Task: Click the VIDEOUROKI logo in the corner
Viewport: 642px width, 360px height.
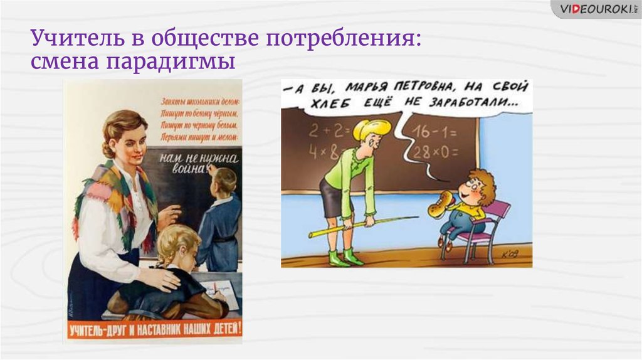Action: pos(596,9)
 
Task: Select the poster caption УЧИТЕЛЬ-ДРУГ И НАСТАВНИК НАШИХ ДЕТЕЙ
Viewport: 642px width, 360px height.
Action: pos(154,329)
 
